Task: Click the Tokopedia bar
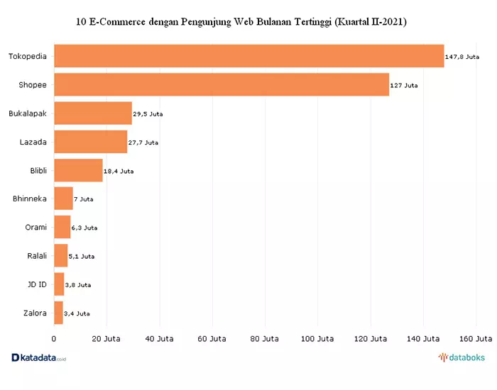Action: pos(249,56)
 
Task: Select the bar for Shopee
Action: pos(222,84)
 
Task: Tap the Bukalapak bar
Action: pos(93,113)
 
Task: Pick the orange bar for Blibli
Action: pos(78,170)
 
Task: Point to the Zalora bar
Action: pos(59,313)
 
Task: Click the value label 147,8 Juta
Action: pos(462,57)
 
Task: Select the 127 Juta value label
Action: pos(404,86)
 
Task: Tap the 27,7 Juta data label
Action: pos(143,143)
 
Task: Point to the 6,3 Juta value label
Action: pos(84,228)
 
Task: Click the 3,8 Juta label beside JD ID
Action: pos(78,285)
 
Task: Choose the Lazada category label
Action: pos(33,142)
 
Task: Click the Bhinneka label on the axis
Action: pos(30,199)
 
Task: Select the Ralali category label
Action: pos(37,255)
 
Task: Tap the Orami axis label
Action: pos(35,227)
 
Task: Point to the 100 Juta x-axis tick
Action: pos(317,339)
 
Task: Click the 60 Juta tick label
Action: pos(212,339)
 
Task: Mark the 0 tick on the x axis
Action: pos(53,339)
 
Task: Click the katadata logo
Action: pos(38,357)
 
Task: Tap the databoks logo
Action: pos(461,357)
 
